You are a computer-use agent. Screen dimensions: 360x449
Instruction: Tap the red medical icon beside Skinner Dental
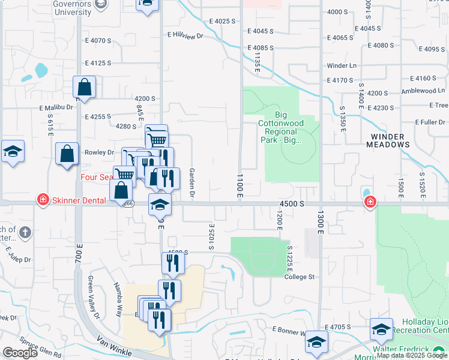pos(43,199)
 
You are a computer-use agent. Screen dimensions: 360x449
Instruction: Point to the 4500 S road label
pos(292,204)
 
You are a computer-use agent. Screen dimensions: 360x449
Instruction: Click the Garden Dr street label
pos(192,182)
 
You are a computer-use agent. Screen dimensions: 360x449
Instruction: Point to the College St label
pos(300,277)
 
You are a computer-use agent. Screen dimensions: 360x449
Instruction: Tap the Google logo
pos(20,353)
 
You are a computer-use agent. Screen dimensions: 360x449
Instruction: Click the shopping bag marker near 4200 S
pos(85,87)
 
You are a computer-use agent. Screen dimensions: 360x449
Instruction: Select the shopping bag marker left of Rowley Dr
pos(67,154)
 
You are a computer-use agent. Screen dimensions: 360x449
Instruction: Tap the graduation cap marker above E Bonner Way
pos(381,329)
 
